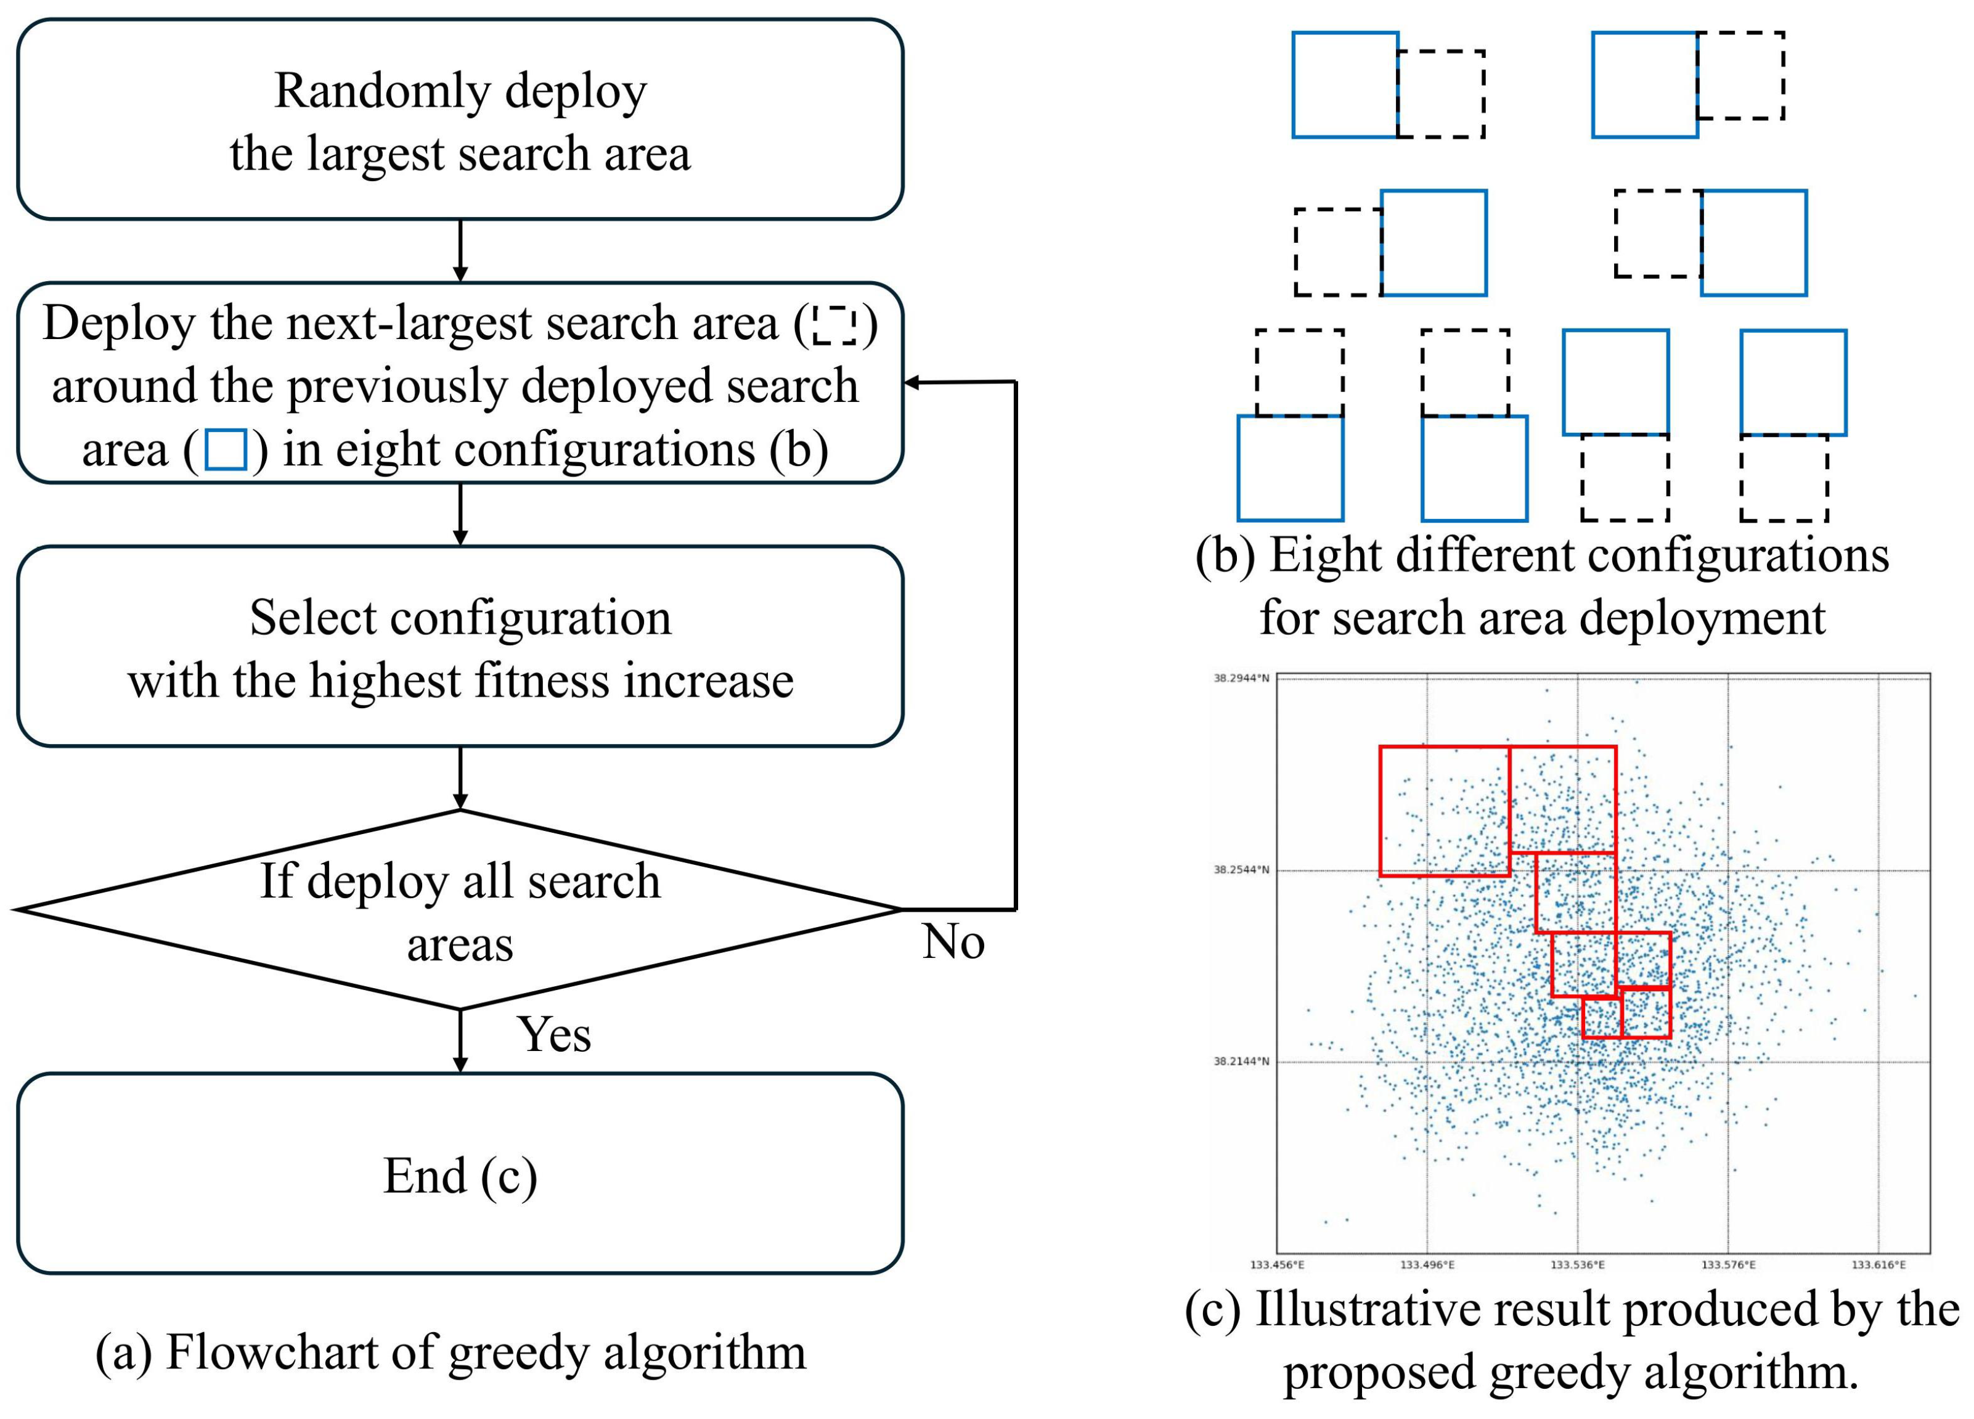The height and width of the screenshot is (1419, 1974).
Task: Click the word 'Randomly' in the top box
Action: click(382, 91)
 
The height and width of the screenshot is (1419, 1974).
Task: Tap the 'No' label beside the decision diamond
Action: click(953, 942)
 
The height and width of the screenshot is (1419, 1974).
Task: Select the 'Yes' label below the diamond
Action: click(555, 1034)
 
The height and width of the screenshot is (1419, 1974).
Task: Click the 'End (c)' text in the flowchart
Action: click(460, 1176)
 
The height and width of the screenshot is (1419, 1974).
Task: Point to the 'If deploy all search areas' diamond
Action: click(460, 910)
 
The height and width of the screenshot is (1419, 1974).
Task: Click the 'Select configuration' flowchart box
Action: click(460, 647)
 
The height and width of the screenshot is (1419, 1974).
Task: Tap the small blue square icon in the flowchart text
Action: click(226, 450)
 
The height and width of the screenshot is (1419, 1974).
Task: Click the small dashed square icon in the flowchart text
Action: click(834, 325)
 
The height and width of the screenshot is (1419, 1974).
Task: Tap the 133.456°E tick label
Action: click(1277, 1265)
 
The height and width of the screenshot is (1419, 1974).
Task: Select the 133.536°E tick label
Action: click(1577, 1265)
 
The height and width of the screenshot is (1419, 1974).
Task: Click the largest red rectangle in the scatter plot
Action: click(1445, 811)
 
